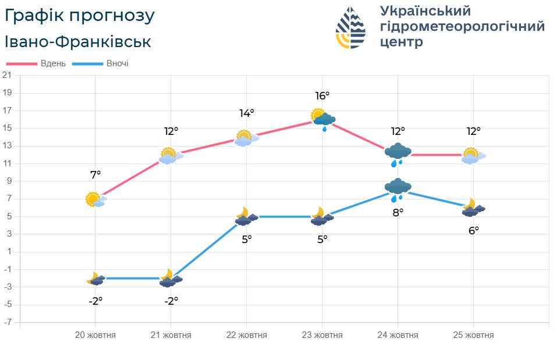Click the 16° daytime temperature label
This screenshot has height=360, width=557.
tap(322, 95)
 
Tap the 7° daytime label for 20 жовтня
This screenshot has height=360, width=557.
tap(95, 174)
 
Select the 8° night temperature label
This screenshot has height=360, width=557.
tap(398, 212)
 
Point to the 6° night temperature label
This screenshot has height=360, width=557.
tap(474, 230)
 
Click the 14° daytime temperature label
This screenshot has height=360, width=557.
tap(247, 113)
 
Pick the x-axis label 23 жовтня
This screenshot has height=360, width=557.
tap(322, 335)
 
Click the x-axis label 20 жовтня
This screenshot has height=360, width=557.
tap(95, 335)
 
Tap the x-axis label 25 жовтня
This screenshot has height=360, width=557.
tap(474, 335)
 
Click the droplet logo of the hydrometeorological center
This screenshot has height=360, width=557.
tap(350, 27)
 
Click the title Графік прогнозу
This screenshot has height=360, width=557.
tap(80, 16)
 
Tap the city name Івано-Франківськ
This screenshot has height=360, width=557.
tap(77, 42)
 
